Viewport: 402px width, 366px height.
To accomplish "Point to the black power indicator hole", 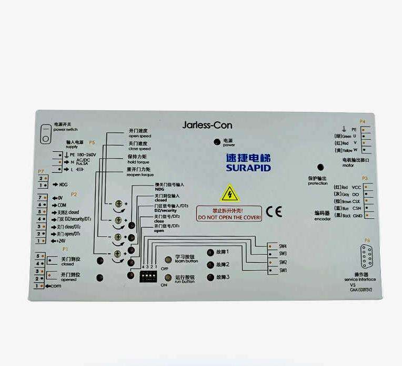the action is click(x=216, y=142).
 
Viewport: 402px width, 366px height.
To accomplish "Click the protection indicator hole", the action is click(x=320, y=167).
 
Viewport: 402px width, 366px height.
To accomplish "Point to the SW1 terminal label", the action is click(x=283, y=271).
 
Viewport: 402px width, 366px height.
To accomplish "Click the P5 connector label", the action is click(x=92, y=142).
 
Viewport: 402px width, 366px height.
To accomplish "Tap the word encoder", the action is click(x=322, y=218).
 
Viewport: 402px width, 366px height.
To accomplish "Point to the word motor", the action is click(x=348, y=165).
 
